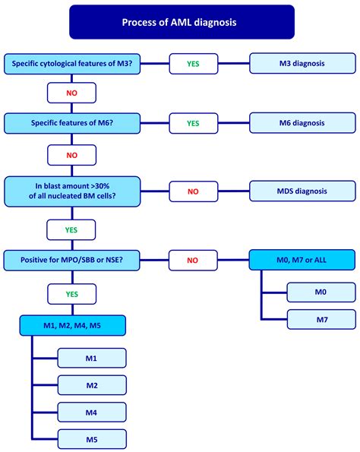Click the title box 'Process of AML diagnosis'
(x=180, y=22)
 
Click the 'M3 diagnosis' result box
(x=302, y=64)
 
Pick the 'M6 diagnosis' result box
(x=302, y=122)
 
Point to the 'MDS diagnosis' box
(x=302, y=191)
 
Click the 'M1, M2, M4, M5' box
(x=73, y=326)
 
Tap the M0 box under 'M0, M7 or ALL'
(x=320, y=290)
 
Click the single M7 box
(x=320, y=319)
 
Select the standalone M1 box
(x=91, y=358)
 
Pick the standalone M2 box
(x=91, y=385)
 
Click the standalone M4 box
(x=91, y=412)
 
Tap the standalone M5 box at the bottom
(x=91, y=438)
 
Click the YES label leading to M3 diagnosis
(x=193, y=64)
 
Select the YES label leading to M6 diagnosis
(x=193, y=122)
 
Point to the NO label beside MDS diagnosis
(x=193, y=191)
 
